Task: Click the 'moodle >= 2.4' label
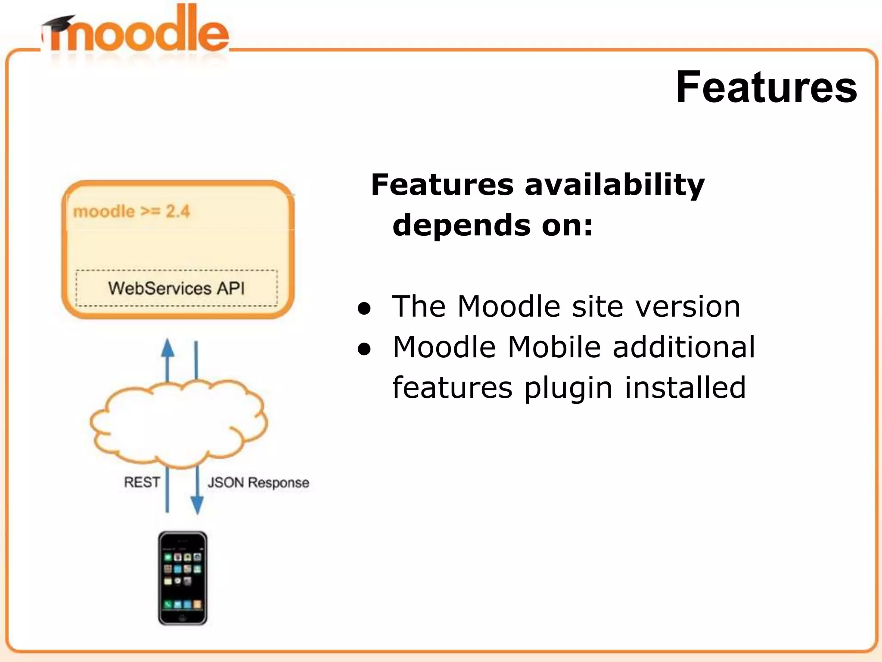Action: point(131,212)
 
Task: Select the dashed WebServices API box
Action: point(177,288)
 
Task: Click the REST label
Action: point(142,482)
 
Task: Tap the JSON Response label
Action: point(258,482)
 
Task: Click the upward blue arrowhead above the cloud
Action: point(168,348)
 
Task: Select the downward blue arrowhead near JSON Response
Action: point(197,505)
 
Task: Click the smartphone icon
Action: point(183,578)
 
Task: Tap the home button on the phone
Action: point(183,617)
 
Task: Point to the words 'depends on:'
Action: point(493,225)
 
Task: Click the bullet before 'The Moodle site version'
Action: point(364,308)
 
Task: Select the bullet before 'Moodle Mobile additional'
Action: point(364,350)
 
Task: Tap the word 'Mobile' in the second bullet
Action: point(554,347)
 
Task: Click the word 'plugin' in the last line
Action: point(568,388)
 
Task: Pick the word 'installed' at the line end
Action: point(685,387)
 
